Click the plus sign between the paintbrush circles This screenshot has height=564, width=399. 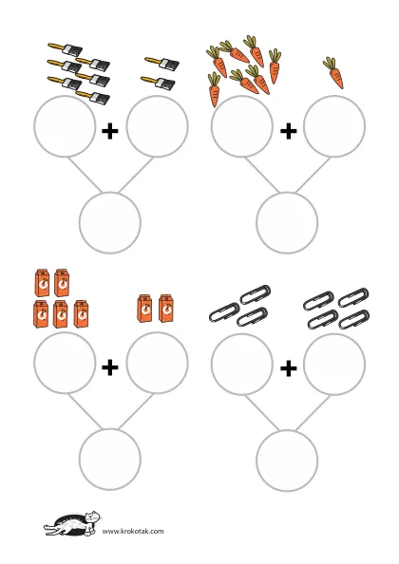110,131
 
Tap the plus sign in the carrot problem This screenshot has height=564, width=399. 288,131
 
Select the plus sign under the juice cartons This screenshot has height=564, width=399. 110,367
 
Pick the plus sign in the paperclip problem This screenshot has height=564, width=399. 288,368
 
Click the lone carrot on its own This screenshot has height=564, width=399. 333,73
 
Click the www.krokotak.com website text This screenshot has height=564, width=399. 133,531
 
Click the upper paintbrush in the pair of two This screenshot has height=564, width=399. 161,63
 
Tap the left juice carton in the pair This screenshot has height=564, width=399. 144,309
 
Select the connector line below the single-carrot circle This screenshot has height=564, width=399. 313,175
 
